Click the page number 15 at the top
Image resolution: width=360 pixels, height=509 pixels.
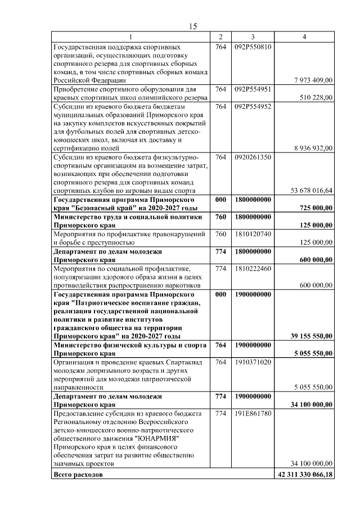192,26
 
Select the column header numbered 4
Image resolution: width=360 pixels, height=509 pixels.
304,37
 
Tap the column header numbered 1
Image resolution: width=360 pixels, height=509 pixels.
131,37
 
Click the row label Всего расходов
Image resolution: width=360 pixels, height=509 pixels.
78,475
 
